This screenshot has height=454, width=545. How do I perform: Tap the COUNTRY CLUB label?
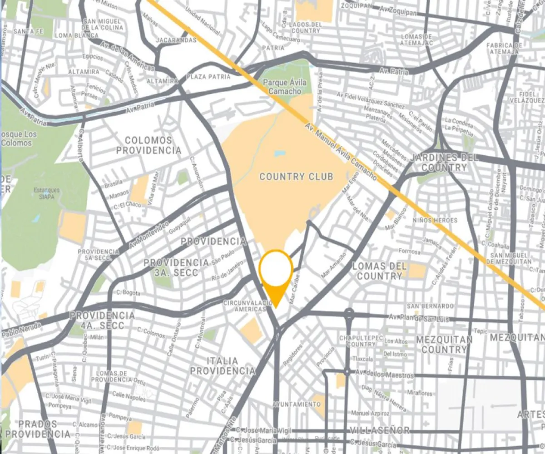(x=296, y=177)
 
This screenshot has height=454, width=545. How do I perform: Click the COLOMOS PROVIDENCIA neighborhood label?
(x=148, y=145)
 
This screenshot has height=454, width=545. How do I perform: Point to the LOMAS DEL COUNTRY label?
(x=379, y=271)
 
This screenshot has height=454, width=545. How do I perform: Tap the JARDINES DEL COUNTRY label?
(x=444, y=163)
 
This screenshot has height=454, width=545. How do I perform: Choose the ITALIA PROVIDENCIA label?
(x=223, y=366)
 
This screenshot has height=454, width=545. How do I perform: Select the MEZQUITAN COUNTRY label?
(x=444, y=344)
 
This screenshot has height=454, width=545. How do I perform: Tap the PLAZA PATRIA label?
(x=208, y=77)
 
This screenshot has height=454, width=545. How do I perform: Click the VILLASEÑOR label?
(x=379, y=430)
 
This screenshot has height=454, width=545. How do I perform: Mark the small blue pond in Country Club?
(x=279, y=153)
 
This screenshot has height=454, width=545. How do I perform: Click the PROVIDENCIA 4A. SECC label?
(x=102, y=320)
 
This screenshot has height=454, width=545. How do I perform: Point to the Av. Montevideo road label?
(x=149, y=235)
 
